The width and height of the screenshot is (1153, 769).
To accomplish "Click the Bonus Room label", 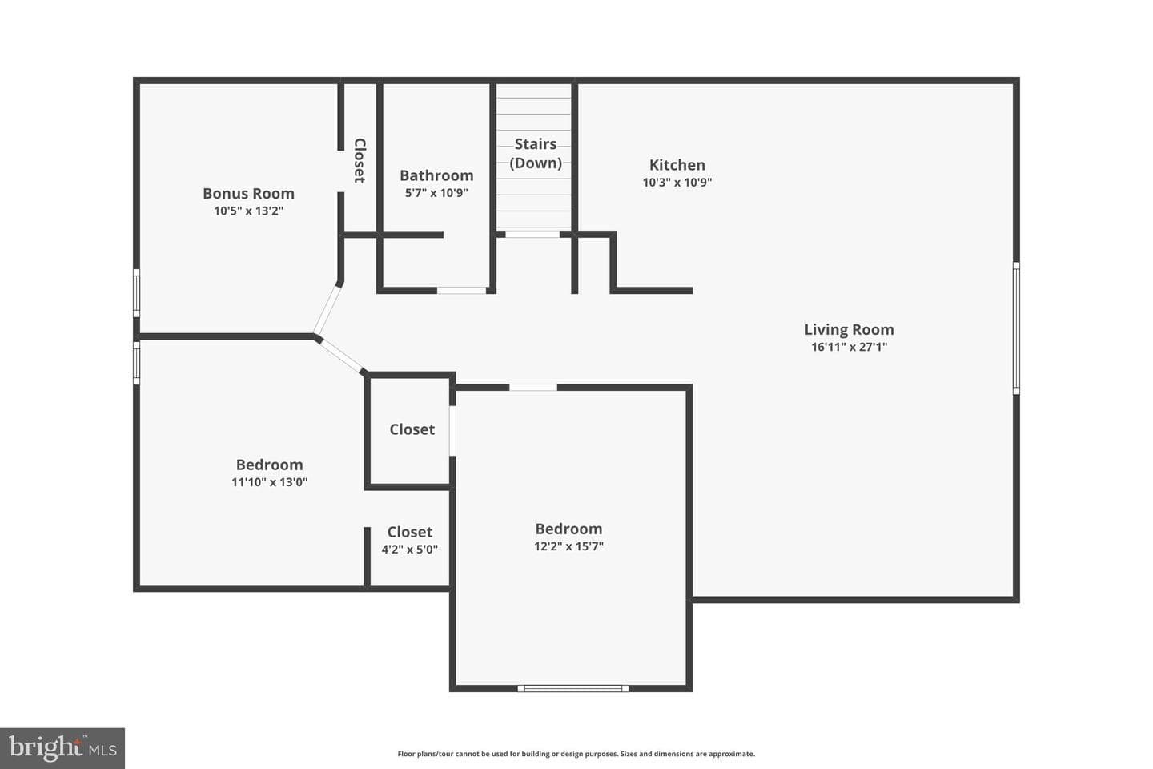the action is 248,193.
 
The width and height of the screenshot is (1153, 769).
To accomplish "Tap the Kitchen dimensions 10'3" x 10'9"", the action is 677,182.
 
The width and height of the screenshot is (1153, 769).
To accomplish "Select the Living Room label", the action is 849,330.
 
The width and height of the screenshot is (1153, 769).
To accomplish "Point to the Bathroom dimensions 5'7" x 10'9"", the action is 436,192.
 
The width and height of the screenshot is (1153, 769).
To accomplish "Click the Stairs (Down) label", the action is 536,153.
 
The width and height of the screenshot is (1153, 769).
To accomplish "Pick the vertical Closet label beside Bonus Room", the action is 360,160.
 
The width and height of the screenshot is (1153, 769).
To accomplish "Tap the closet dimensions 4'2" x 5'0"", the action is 410,549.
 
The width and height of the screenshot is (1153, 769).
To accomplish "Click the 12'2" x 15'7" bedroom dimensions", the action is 568,546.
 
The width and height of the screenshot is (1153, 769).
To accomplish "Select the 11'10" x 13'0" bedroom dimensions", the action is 269,482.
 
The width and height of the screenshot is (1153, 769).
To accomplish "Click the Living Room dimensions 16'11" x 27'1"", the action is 850,347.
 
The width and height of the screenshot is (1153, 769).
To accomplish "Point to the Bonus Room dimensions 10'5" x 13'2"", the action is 248,211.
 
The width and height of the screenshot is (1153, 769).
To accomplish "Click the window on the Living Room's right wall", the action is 1016,328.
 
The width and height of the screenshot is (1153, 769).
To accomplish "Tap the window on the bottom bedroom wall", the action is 572,688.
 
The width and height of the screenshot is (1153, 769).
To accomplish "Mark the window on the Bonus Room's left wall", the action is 136,293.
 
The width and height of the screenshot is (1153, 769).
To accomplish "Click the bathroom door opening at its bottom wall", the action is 462,291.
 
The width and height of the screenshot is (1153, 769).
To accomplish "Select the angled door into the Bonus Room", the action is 327,310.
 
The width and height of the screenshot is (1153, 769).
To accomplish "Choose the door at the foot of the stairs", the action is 532,235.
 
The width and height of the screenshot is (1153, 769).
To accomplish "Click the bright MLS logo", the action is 62,748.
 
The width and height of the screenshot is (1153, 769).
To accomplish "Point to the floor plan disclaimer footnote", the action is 576,754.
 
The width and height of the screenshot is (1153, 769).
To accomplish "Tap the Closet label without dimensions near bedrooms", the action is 412,429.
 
